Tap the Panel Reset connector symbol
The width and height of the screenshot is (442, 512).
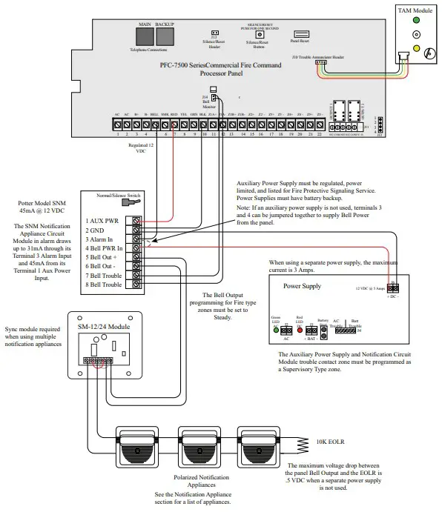(301, 33)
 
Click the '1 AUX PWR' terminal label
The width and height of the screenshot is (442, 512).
(103, 221)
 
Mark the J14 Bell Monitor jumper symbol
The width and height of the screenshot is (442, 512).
(214, 96)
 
